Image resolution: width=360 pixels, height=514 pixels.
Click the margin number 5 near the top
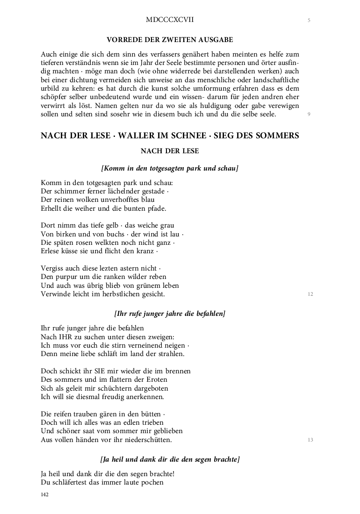(309, 20)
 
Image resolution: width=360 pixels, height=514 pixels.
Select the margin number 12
(310, 294)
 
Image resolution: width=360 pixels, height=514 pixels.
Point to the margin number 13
(310, 440)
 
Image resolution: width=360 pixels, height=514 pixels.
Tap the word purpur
(69, 277)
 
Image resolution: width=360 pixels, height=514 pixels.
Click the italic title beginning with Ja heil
(170, 460)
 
